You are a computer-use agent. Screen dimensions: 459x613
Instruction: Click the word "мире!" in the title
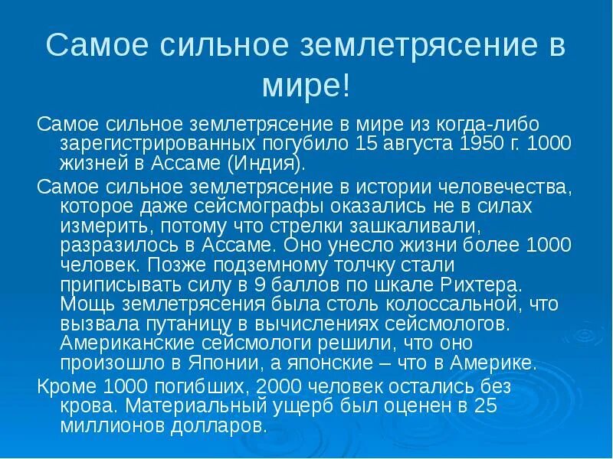pos(306,85)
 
